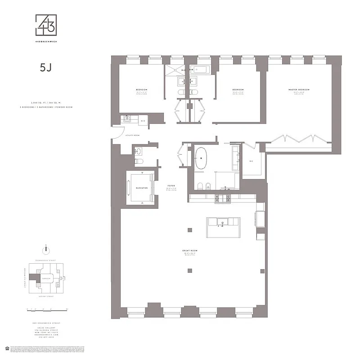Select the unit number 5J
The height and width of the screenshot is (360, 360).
(x=46, y=68)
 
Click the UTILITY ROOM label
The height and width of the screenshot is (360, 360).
(x=134, y=135)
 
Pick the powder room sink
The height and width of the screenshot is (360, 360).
(x=138, y=150)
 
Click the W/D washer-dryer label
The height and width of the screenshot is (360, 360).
(x=142, y=121)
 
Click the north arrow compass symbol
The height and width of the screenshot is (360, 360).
(x=45, y=250)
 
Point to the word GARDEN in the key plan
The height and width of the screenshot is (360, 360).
(x=45, y=278)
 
